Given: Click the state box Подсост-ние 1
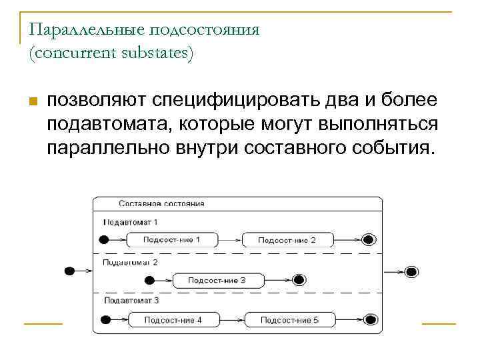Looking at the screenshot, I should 172,240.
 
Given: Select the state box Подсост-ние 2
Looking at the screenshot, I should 287,240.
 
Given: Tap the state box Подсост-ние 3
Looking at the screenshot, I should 217,280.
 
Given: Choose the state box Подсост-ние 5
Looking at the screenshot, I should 289,320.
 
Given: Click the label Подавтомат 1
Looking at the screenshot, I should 130,222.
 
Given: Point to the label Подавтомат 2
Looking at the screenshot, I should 130,262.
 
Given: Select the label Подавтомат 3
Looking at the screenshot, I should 131,301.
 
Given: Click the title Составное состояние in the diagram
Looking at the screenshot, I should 161,203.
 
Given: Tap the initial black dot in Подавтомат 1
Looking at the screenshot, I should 103,240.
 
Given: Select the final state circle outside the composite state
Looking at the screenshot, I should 411,271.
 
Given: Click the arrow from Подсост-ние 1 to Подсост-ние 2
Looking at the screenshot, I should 230,240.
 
